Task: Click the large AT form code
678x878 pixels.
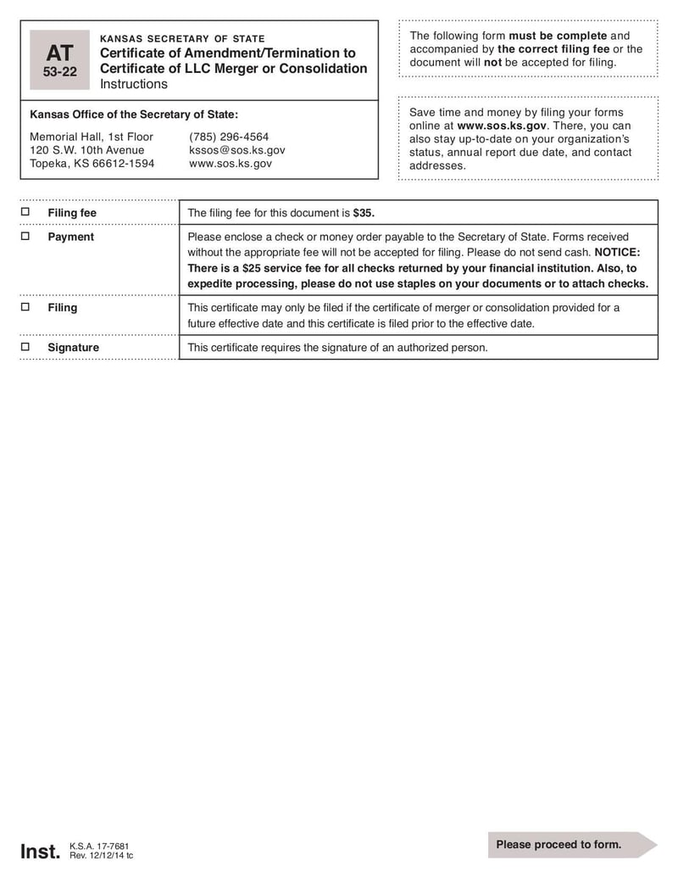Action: [x=59, y=53]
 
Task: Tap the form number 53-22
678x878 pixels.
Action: [x=59, y=72]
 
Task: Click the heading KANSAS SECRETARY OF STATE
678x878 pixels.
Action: [x=182, y=39]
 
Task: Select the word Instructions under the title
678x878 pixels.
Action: [x=134, y=84]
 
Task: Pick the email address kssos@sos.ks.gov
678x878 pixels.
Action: [x=237, y=150]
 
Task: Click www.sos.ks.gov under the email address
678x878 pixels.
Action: [x=231, y=164]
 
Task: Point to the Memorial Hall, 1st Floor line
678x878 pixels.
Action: [x=92, y=137]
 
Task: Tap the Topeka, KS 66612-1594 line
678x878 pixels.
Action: [x=92, y=164]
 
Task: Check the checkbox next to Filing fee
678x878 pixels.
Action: [x=25, y=212]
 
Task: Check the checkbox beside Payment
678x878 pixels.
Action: [x=25, y=237]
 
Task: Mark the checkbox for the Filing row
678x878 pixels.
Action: [x=25, y=307]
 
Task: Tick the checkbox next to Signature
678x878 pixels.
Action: [x=25, y=347]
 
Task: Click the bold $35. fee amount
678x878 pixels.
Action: [x=364, y=213]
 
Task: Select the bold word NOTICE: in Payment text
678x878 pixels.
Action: [x=617, y=252]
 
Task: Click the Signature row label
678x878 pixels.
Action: [x=73, y=348]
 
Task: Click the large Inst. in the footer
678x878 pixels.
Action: [x=40, y=851]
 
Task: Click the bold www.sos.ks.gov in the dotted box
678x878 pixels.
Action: [x=502, y=126]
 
